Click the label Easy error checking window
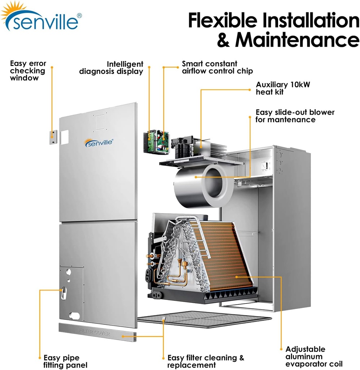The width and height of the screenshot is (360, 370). pyautogui.click(x=28, y=71)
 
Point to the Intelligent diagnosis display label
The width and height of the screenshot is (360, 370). pyautogui.click(x=111, y=68)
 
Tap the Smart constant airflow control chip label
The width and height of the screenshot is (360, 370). pyautogui.click(x=217, y=68)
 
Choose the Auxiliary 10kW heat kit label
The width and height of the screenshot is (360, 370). pyautogui.click(x=283, y=88)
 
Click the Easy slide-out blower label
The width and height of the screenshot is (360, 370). pyautogui.click(x=295, y=116)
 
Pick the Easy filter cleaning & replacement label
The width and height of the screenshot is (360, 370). pyautogui.click(x=206, y=361)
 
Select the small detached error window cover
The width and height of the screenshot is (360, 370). pyautogui.click(x=53, y=137)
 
